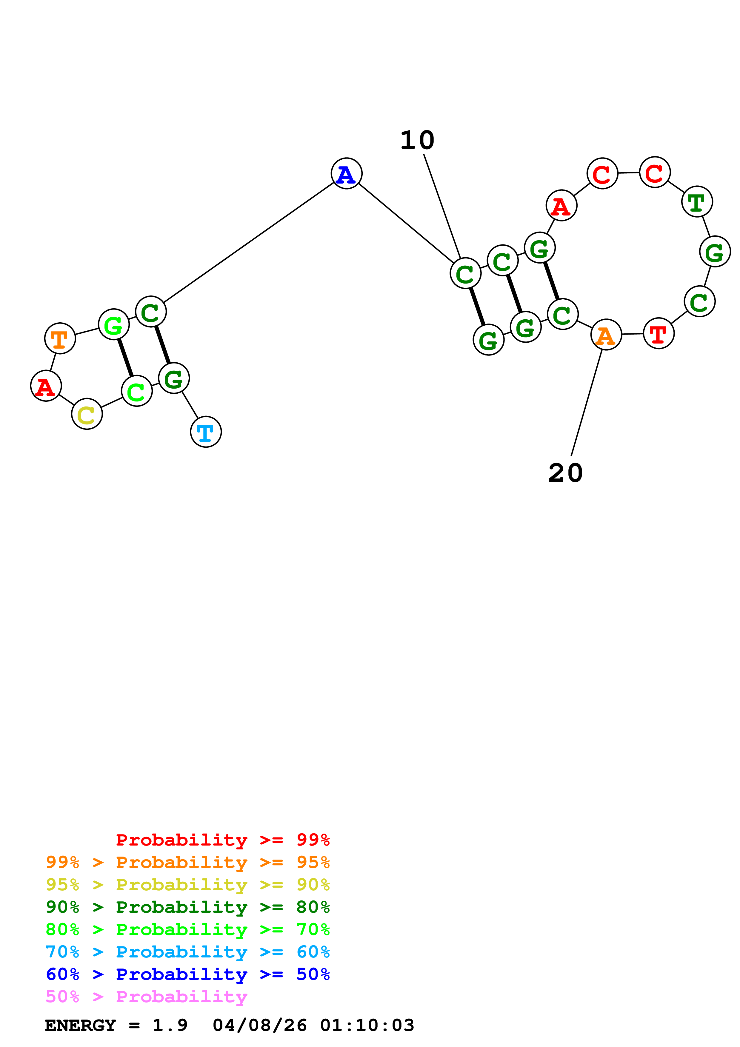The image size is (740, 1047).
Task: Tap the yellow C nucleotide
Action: (x=87, y=414)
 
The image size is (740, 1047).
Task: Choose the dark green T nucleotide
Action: (x=697, y=201)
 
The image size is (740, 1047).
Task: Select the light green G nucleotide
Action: (x=113, y=324)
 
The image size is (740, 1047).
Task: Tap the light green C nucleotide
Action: (x=136, y=391)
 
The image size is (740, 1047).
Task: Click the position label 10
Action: (x=417, y=140)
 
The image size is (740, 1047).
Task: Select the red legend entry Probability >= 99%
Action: (x=222, y=840)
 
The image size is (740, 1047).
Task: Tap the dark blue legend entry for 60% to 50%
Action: (x=187, y=974)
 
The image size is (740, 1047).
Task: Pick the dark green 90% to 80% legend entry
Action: (x=187, y=907)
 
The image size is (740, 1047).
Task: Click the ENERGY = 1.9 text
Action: (x=116, y=1025)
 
